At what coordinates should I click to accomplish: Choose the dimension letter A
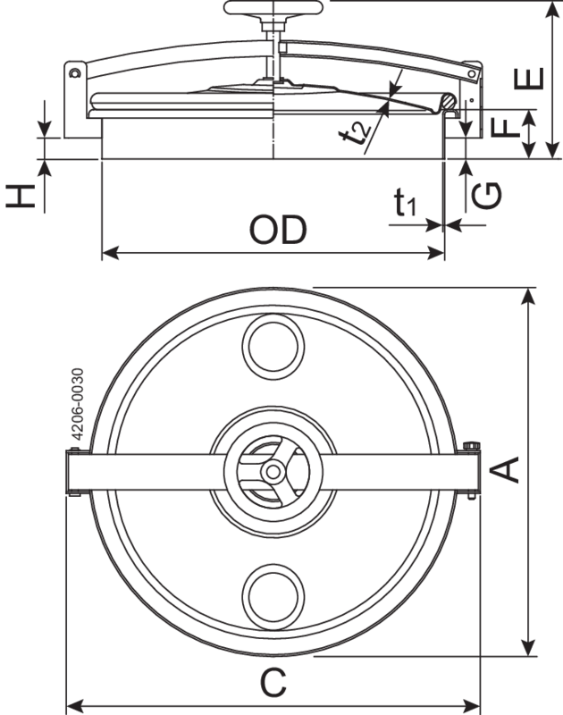click(507, 469)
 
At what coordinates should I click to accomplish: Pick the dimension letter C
click(273, 684)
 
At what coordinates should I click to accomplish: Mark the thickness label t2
click(359, 133)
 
